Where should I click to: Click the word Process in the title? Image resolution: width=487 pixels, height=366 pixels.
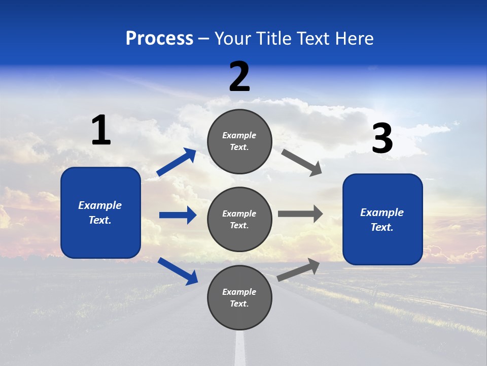click(x=159, y=39)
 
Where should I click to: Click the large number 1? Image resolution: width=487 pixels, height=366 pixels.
click(x=101, y=130)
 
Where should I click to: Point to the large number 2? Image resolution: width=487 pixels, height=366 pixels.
click(x=239, y=77)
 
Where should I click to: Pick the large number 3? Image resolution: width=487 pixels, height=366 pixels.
click(x=382, y=139)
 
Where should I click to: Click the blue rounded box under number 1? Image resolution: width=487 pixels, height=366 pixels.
click(x=100, y=212)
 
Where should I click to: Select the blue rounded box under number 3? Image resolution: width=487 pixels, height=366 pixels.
click(x=382, y=220)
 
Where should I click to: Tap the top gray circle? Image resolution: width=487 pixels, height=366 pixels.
click(x=239, y=141)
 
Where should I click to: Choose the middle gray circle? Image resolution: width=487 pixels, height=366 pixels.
click(x=239, y=220)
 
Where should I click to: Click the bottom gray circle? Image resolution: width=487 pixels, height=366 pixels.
click(x=239, y=298)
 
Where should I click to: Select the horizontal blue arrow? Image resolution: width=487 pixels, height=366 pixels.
click(x=178, y=215)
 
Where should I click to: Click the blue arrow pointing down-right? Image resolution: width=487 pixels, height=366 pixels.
click(x=178, y=271)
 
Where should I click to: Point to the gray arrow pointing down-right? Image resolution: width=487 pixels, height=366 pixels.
click(x=302, y=162)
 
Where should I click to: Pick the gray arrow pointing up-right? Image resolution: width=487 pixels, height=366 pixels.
click(x=299, y=269)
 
